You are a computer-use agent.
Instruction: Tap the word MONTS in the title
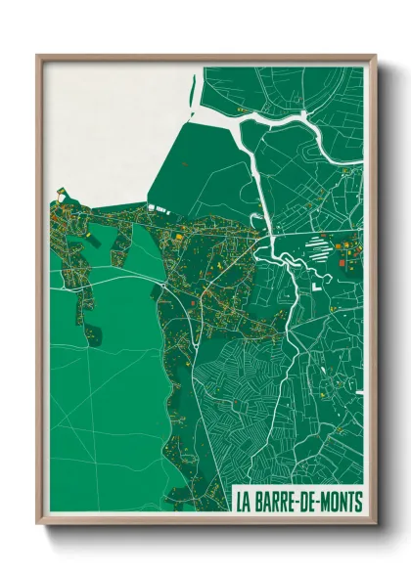340,502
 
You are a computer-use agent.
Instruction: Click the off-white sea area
108,117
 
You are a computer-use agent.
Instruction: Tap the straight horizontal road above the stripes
313,235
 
